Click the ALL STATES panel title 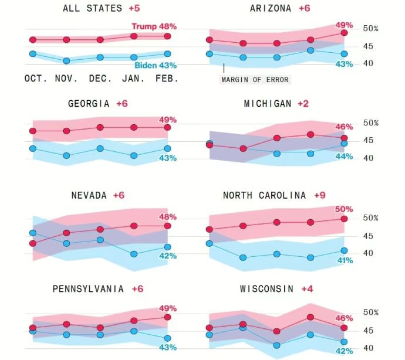point(92,8)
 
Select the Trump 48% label point(154,26)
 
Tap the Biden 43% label point(155,66)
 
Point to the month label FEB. point(166,78)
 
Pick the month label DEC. point(102,78)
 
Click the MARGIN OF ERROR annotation point(255,79)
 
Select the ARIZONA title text point(271,8)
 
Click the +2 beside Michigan point(305,104)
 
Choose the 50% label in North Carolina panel point(344,209)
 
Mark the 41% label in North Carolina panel point(344,260)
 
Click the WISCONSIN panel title point(267,289)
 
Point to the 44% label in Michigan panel point(344,156)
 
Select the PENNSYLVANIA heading point(88,289)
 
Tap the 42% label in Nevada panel point(168,256)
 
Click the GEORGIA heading point(89,104)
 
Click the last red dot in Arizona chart point(344,33)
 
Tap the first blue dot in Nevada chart point(33,233)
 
